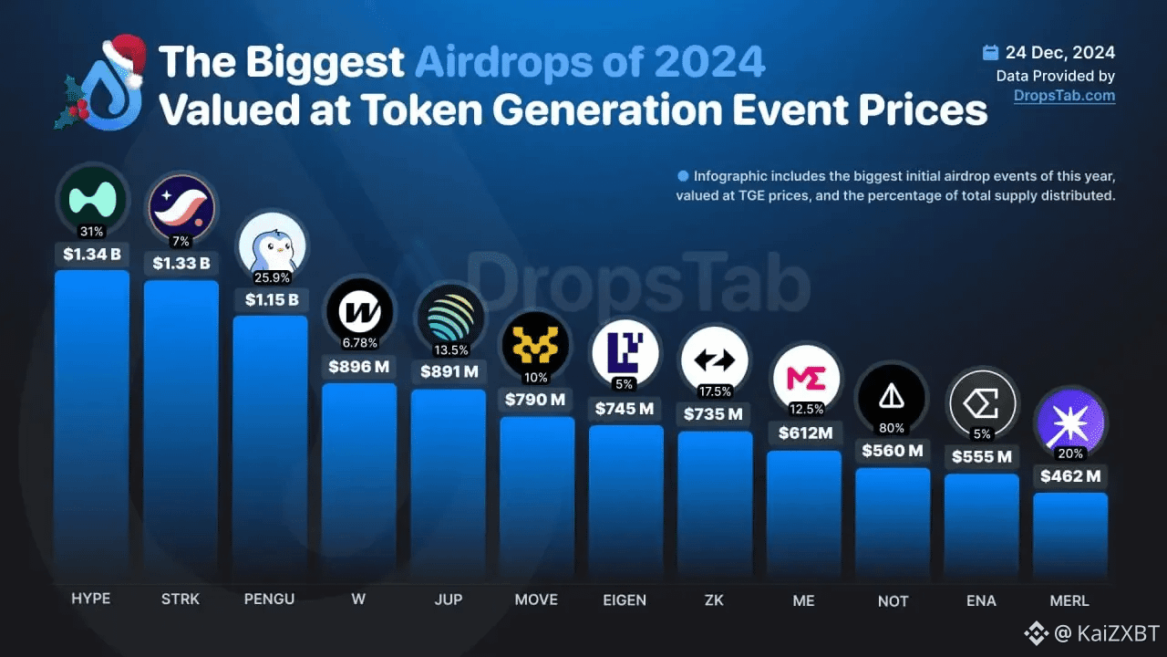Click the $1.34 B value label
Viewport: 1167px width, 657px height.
[92, 254]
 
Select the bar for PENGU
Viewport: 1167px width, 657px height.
[270, 447]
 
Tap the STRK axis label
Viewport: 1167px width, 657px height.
[181, 599]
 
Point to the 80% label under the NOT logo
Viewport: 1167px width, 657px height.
[892, 428]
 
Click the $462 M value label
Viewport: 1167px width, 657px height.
[1070, 475]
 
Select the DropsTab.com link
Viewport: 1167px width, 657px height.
[1064, 95]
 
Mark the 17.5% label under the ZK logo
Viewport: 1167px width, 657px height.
[714, 391]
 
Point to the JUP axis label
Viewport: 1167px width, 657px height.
[449, 599]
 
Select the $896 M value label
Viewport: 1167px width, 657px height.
[359, 367]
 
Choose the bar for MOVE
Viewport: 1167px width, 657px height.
[537, 497]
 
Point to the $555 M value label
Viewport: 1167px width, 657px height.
[981, 456]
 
